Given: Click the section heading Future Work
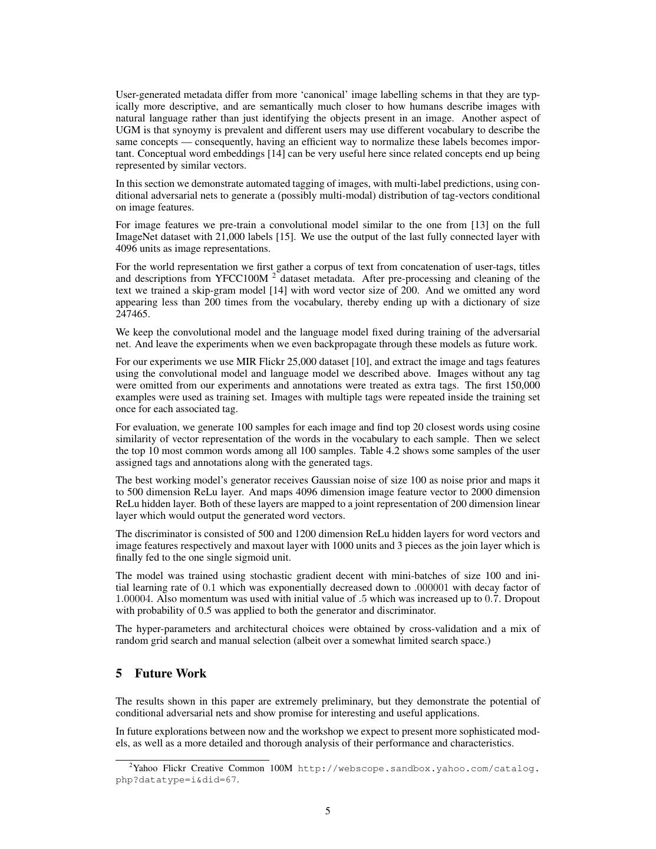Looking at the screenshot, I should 170,673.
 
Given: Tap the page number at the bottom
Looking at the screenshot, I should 328,811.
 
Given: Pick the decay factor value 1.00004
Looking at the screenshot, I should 133,599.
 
